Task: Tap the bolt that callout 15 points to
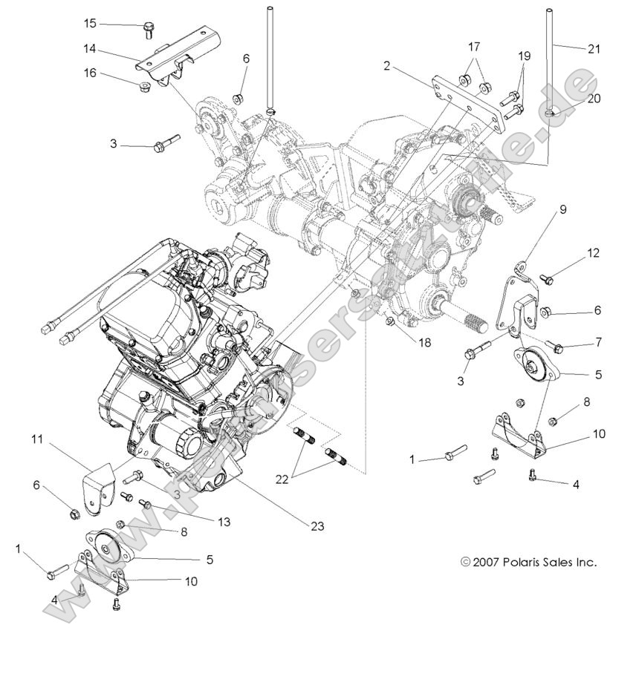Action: pyautogui.click(x=149, y=30)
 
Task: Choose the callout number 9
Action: pyautogui.click(x=562, y=209)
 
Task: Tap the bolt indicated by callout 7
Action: pyautogui.click(x=557, y=346)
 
